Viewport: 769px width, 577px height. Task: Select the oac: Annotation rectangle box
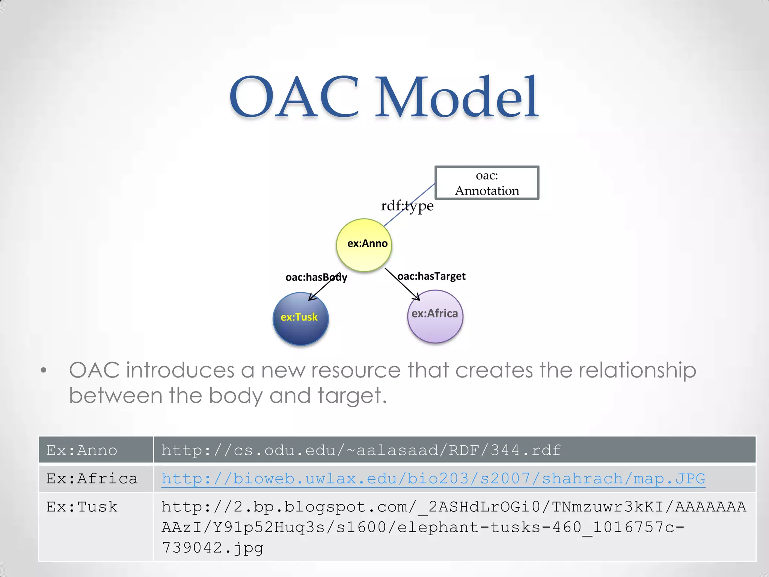(x=487, y=183)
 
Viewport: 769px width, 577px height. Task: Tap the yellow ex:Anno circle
(x=364, y=245)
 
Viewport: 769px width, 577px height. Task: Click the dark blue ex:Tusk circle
(x=300, y=319)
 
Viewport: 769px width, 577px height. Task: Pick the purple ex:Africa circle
(x=435, y=316)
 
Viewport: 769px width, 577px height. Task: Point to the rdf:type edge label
(x=407, y=206)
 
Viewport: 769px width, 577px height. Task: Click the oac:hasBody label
(x=316, y=277)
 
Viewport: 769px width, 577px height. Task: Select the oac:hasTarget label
(x=431, y=276)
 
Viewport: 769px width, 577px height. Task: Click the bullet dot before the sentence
(x=44, y=370)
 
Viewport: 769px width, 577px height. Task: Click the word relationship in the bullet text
(x=637, y=370)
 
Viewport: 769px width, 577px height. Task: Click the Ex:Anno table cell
(x=82, y=450)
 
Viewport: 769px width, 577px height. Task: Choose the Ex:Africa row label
(x=92, y=479)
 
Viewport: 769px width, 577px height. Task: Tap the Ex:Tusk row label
(x=82, y=507)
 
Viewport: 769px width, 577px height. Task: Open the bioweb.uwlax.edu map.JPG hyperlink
(x=433, y=479)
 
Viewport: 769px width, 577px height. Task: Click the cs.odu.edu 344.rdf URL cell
(x=361, y=450)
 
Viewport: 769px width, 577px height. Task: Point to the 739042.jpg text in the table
(x=213, y=548)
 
